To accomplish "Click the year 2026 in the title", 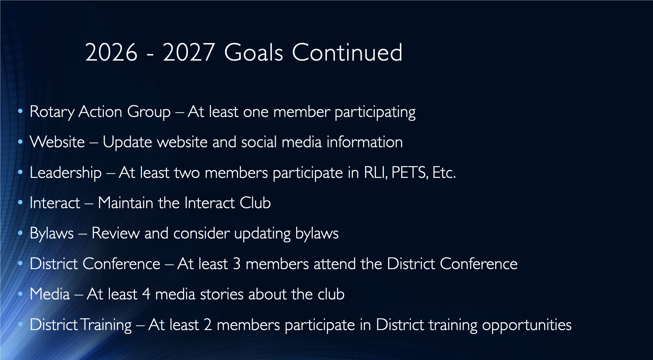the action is [111, 52].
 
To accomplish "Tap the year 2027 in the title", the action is [188, 52].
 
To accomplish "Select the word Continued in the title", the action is [347, 52].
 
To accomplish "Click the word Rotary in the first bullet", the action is [52, 112].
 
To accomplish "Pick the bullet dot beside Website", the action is [20, 142].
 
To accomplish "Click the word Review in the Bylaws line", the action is [116, 233].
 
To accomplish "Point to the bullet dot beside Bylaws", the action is [20, 233].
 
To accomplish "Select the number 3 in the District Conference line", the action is [237, 264].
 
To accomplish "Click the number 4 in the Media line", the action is [146, 294].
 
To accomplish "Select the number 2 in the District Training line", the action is [208, 324].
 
